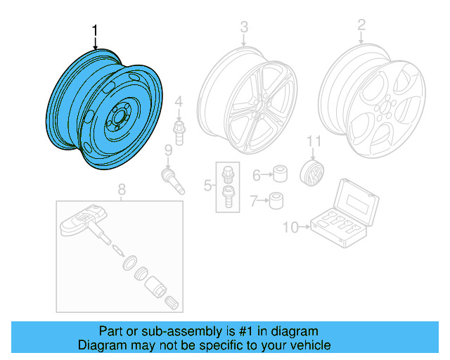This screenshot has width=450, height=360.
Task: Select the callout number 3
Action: click(244, 27)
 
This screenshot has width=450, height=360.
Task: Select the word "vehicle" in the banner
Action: click(308, 345)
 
